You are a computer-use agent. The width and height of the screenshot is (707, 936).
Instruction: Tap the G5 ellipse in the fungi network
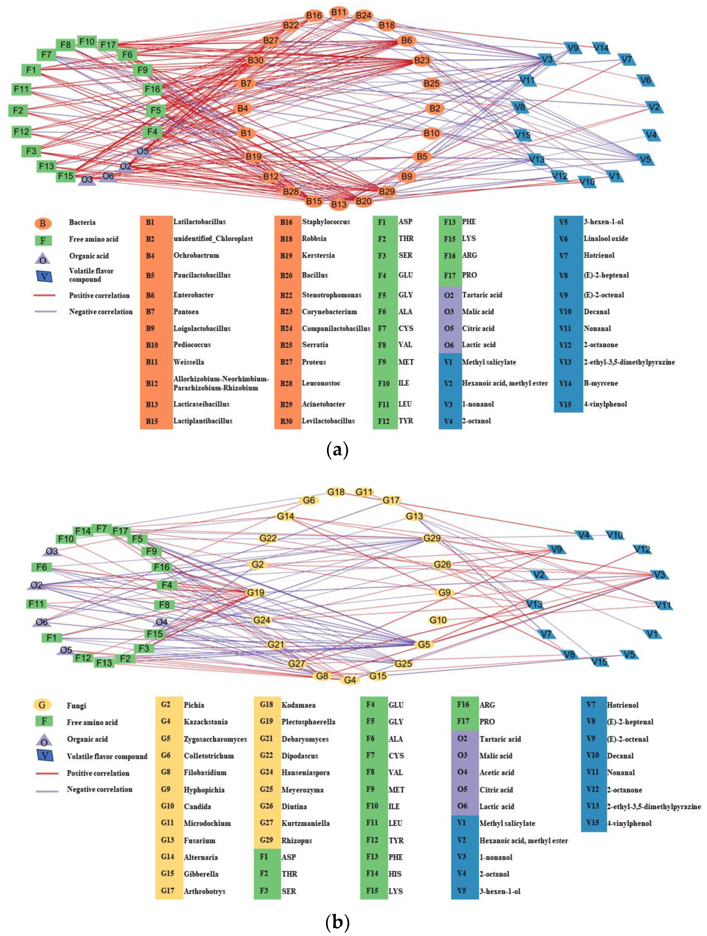point(424,644)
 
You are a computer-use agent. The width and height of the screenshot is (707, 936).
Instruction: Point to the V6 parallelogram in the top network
point(645,80)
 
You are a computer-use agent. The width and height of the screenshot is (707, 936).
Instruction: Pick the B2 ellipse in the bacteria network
point(435,108)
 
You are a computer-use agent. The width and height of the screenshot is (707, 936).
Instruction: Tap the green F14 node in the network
point(83,531)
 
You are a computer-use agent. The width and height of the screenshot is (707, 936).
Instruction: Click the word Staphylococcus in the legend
point(326,222)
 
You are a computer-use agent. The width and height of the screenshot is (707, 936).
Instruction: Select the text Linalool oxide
point(606,239)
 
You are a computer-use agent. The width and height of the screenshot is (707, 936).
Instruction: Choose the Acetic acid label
point(497,772)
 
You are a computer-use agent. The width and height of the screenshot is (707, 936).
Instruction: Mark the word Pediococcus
point(192,345)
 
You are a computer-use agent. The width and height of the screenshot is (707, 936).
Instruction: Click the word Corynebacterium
point(329,312)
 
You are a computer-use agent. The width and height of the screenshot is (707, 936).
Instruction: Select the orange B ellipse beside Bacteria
point(43,223)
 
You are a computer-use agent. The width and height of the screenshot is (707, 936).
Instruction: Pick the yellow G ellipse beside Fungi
point(42,705)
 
